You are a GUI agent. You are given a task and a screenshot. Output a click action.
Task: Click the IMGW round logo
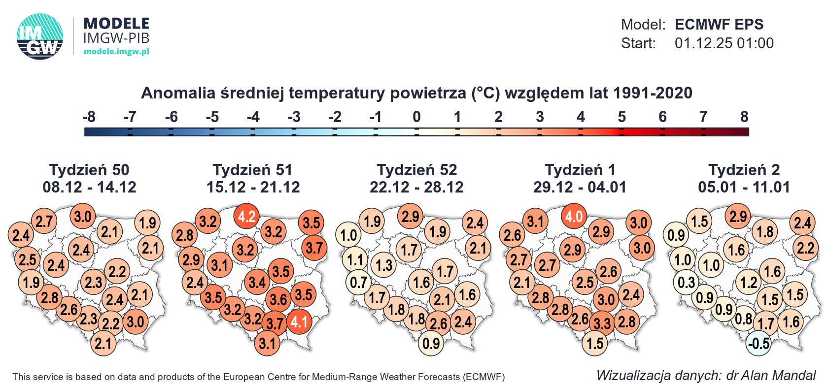(x=40, y=36)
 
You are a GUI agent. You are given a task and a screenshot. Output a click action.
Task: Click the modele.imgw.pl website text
(x=116, y=52)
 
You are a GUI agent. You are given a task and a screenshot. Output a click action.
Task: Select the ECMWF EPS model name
(x=719, y=25)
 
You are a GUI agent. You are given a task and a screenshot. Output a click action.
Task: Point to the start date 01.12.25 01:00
(x=724, y=43)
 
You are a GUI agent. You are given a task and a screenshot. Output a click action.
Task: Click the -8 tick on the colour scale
(x=89, y=117)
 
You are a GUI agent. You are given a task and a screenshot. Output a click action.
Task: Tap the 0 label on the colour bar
(x=416, y=117)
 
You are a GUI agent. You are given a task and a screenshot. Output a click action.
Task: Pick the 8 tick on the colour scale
(x=744, y=117)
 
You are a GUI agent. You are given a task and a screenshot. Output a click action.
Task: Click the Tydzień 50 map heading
(x=89, y=170)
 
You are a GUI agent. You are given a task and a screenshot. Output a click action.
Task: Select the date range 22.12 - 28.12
(x=416, y=187)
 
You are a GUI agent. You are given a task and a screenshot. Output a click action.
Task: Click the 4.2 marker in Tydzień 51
(x=247, y=217)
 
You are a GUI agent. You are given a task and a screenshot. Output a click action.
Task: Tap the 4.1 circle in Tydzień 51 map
(x=299, y=322)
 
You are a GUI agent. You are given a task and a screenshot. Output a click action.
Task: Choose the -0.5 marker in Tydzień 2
(x=759, y=343)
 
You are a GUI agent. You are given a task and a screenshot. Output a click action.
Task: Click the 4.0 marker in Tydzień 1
(x=574, y=217)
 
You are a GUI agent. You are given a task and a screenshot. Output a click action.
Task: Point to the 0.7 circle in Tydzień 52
(x=358, y=283)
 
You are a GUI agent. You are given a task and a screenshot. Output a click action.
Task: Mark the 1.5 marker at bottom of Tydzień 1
(x=595, y=343)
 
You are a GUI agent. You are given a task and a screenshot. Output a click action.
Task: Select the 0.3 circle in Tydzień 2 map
(x=686, y=283)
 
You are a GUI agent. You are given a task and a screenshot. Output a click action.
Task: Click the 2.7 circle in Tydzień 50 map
(x=44, y=221)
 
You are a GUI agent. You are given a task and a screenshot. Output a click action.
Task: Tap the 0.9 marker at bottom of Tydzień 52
(x=431, y=343)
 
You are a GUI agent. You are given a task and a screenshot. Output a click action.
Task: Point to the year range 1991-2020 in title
(x=653, y=93)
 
